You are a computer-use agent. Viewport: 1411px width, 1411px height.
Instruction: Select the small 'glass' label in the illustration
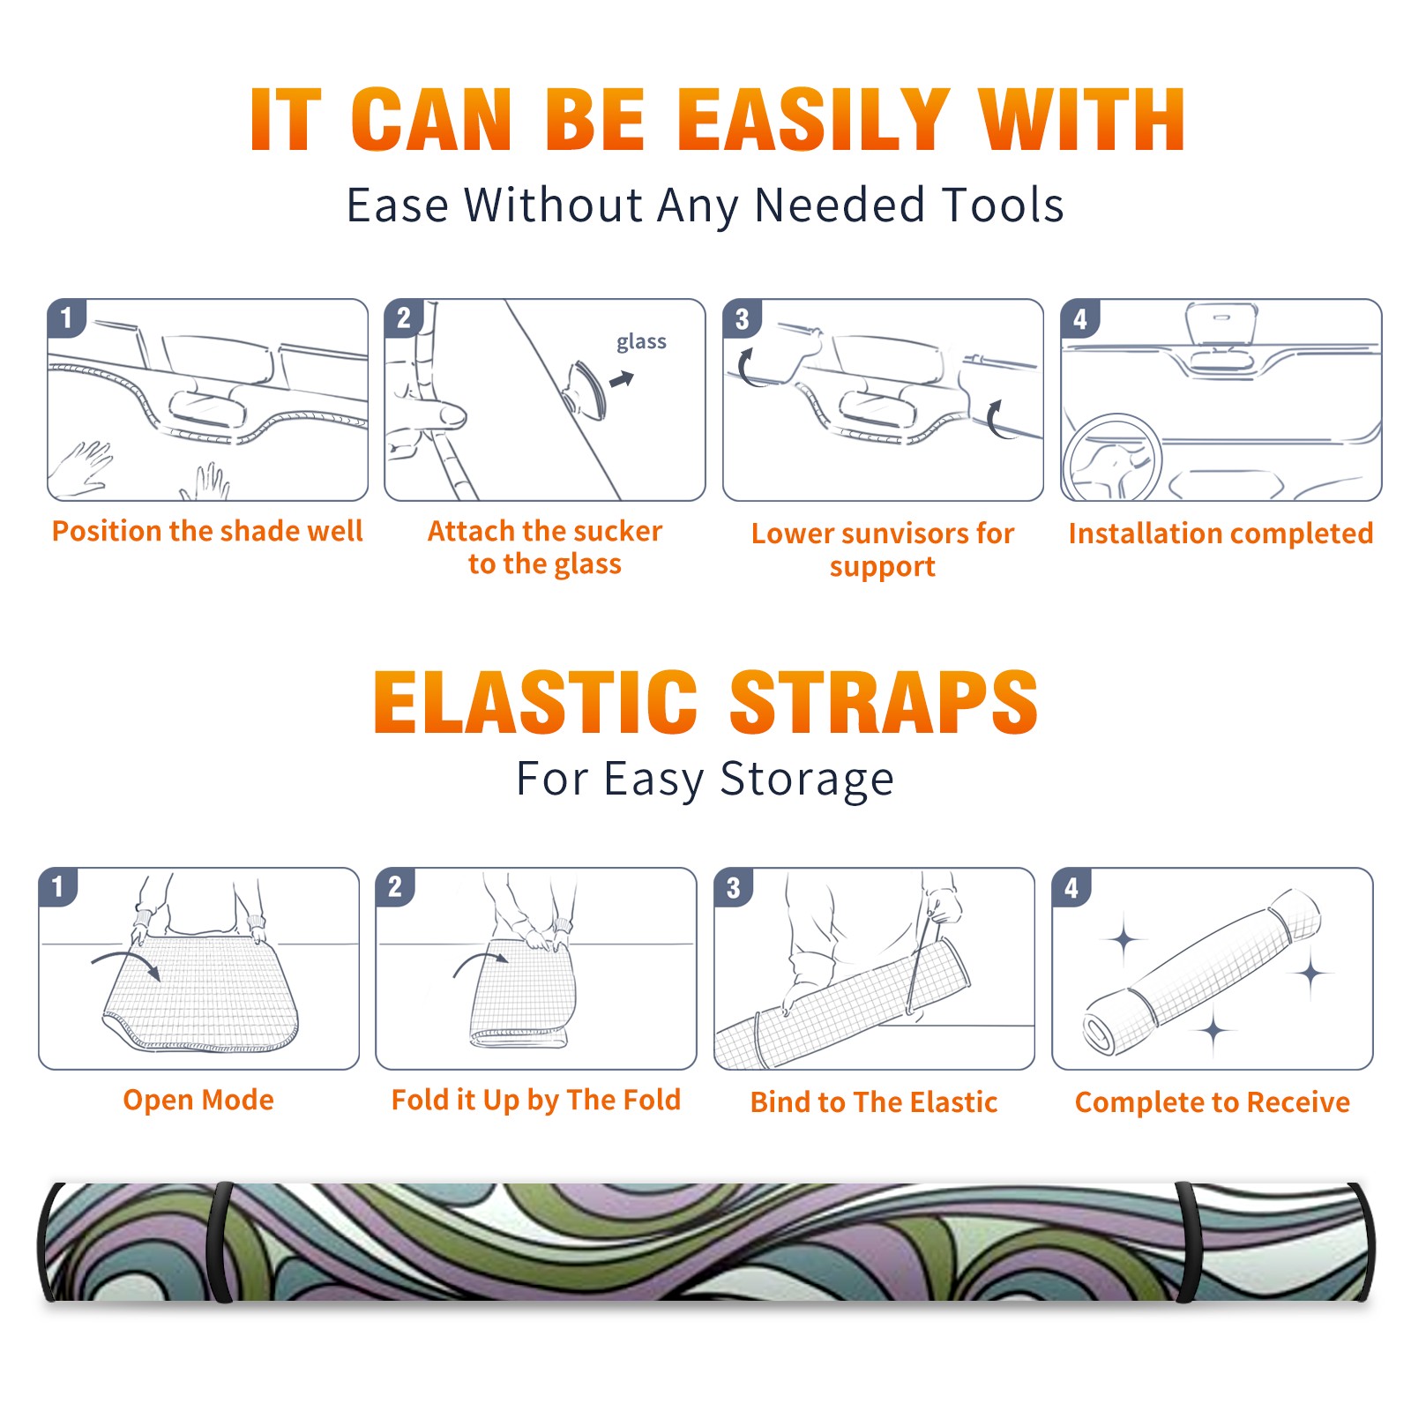pos(641,342)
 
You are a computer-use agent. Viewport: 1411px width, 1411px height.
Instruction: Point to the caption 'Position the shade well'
pos(207,531)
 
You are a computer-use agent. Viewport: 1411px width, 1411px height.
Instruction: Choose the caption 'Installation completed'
pos(1221,534)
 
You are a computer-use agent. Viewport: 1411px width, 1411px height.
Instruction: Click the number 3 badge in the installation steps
pos(742,318)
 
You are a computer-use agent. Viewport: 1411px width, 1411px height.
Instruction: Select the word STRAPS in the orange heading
pos(884,702)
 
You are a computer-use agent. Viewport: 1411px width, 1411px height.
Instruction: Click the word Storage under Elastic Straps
pos(807,780)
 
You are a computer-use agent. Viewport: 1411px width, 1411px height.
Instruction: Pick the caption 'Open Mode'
pos(198,1100)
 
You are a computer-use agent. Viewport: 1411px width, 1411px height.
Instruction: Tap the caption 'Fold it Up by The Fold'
pos(536,1100)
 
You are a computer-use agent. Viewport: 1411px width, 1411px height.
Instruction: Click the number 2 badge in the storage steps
pos(394,886)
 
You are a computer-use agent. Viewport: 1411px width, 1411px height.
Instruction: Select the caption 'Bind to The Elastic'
pos(874,1102)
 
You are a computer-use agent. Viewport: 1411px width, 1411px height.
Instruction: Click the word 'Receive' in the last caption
pos(1299,1102)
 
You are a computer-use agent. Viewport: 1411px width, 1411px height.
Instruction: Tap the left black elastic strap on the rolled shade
pos(220,1242)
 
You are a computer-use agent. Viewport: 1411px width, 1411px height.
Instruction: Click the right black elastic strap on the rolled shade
pos(1186,1242)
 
